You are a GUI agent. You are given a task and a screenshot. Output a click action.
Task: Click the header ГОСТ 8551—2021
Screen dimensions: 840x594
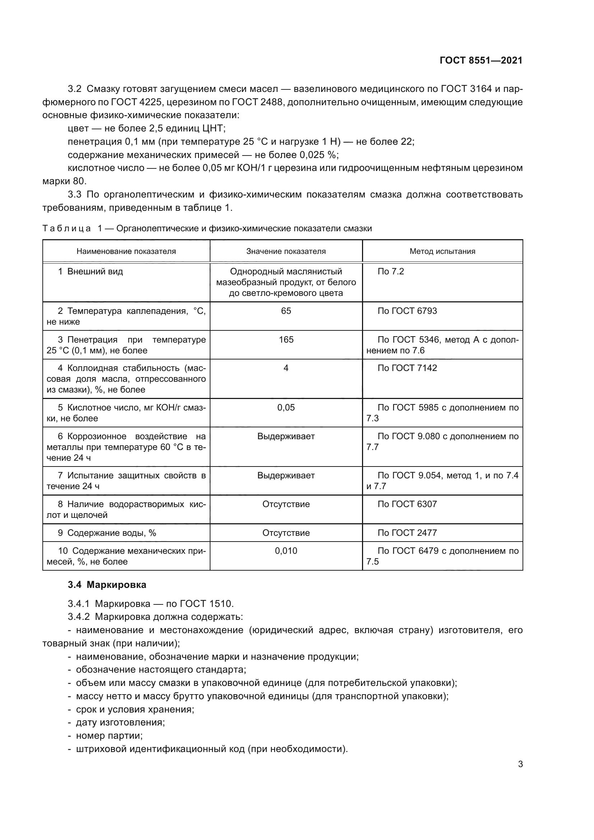pyautogui.click(x=481, y=60)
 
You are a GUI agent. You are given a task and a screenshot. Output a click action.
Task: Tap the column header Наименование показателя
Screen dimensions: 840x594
pyautogui.click(x=126, y=251)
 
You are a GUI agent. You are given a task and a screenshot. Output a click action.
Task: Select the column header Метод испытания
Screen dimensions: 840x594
pyautogui.click(x=442, y=251)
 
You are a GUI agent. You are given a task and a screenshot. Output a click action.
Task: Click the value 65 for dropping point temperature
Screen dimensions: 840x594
pyautogui.click(x=286, y=311)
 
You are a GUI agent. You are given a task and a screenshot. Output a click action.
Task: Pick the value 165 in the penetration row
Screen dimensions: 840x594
pyautogui.click(x=286, y=339)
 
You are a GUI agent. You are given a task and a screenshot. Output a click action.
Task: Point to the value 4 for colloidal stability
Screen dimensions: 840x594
pyautogui.click(x=286, y=368)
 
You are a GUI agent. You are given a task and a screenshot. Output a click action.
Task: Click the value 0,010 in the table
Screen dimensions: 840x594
pyautogui.click(x=286, y=551)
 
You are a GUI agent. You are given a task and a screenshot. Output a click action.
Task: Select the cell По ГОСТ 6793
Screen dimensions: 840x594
pyautogui.click(x=407, y=311)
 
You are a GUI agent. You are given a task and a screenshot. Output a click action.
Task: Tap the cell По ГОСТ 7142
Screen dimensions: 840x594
pyautogui.click(x=407, y=368)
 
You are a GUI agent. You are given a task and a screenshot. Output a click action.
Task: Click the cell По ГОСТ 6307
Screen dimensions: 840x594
pyautogui.click(x=407, y=504)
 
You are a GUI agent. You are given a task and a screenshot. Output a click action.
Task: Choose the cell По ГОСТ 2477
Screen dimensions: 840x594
pyautogui.click(x=407, y=533)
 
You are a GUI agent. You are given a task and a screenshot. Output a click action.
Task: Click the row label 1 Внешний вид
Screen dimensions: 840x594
pyautogui.click(x=91, y=272)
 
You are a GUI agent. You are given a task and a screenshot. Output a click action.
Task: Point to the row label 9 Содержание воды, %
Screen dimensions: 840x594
pyautogui.click(x=107, y=533)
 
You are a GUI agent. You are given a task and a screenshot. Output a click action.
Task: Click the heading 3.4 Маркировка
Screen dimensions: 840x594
pyautogui.click(x=107, y=585)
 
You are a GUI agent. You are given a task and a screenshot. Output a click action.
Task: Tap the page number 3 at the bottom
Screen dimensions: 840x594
pyautogui.click(x=520, y=764)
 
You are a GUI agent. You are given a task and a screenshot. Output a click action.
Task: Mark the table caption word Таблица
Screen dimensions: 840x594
pyautogui.click(x=66, y=229)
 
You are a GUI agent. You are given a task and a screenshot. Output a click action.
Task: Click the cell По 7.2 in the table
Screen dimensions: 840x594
pyautogui.click(x=391, y=272)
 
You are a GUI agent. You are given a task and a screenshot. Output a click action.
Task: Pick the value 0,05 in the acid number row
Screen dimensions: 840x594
pyautogui.click(x=286, y=408)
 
